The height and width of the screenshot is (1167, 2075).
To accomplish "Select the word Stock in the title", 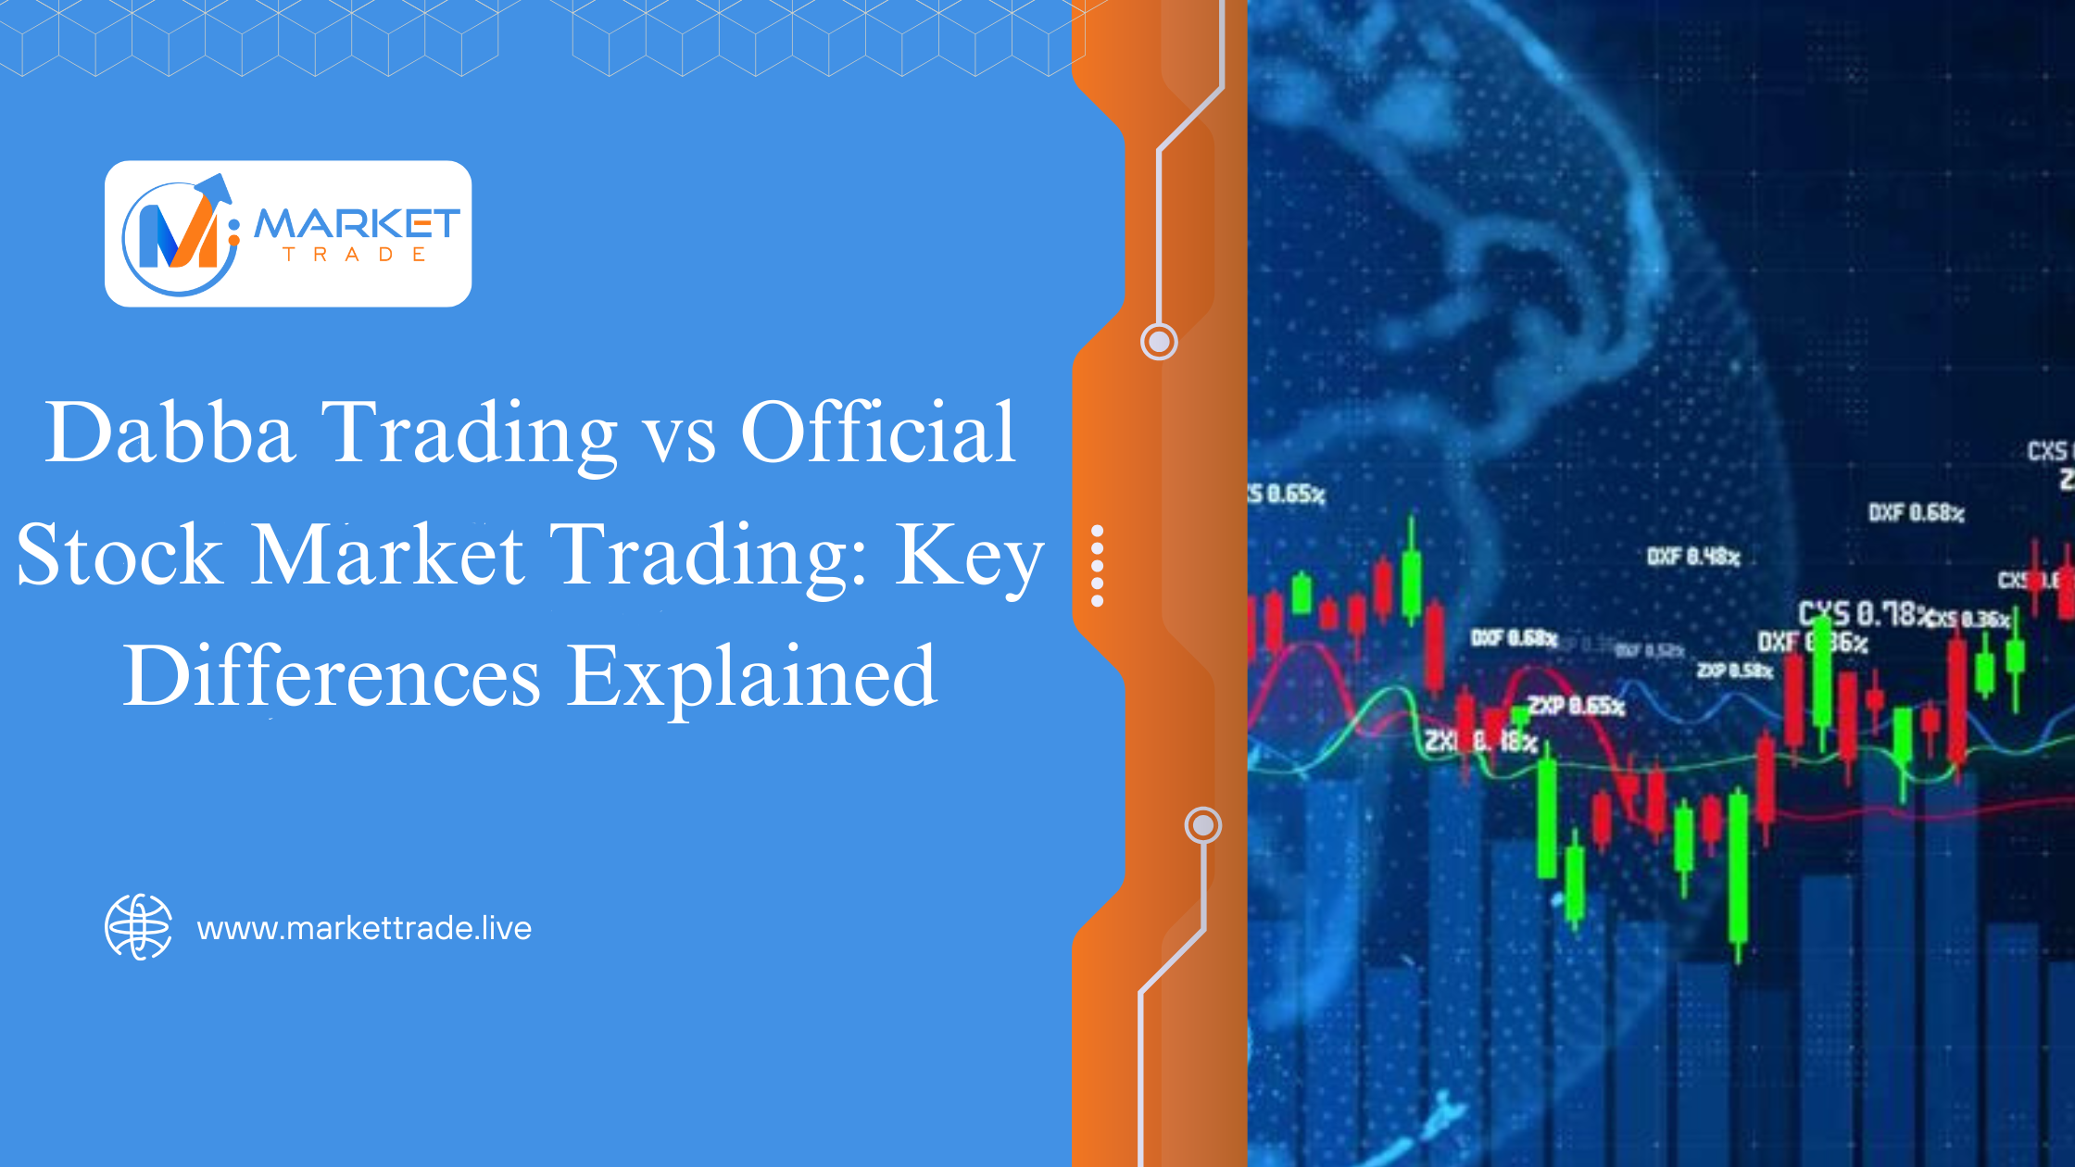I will pyautogui.click(x=119, y=555).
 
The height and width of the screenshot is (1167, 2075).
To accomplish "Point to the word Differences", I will pyautogui.click(x=332, y=676).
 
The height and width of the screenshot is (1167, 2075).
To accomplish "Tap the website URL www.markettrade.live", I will pyautogui.click(x=364, y=928).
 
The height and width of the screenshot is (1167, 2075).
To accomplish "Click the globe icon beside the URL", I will pyautogui.click(x=138, y=927).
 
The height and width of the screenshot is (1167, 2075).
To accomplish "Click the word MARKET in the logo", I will pyautogui.click(x=357, y=223).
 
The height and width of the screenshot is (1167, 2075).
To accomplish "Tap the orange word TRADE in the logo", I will pyautogui.click(x=355, y=255).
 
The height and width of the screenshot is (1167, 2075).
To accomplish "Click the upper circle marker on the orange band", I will pyautogui.click(x=1158, y=342).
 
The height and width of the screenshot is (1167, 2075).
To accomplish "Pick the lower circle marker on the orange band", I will pyautogui.click(x=1202, y=824).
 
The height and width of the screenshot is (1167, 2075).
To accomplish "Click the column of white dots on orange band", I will pyautogui.click(x=1098, y=566).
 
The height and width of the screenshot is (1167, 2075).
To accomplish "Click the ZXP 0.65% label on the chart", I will pyautogui.click(x=1576, y=706).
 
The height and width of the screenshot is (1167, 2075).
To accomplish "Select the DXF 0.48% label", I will pyautogui.click(x=1693, y=557).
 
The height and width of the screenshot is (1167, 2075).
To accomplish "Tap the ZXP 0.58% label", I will pyautogui.click(x=1734, y=670).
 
